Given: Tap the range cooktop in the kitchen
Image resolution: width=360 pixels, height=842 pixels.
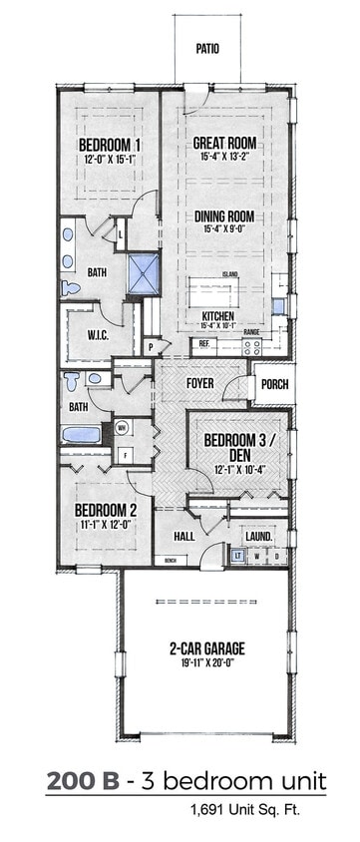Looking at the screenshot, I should tap(252, 346).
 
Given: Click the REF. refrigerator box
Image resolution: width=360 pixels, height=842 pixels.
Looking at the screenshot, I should tap(203, 344).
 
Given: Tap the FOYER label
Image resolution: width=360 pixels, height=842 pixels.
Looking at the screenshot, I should tap(200, 383).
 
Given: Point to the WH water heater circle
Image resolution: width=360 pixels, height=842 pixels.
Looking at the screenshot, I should tap(123, 427).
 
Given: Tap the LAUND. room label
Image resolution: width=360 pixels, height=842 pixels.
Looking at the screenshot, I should tap(258, 536).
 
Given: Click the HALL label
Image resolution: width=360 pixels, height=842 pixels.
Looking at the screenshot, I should tap(183, 536).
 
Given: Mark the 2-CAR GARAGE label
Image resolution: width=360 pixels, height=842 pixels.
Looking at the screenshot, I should tap(206, 648).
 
